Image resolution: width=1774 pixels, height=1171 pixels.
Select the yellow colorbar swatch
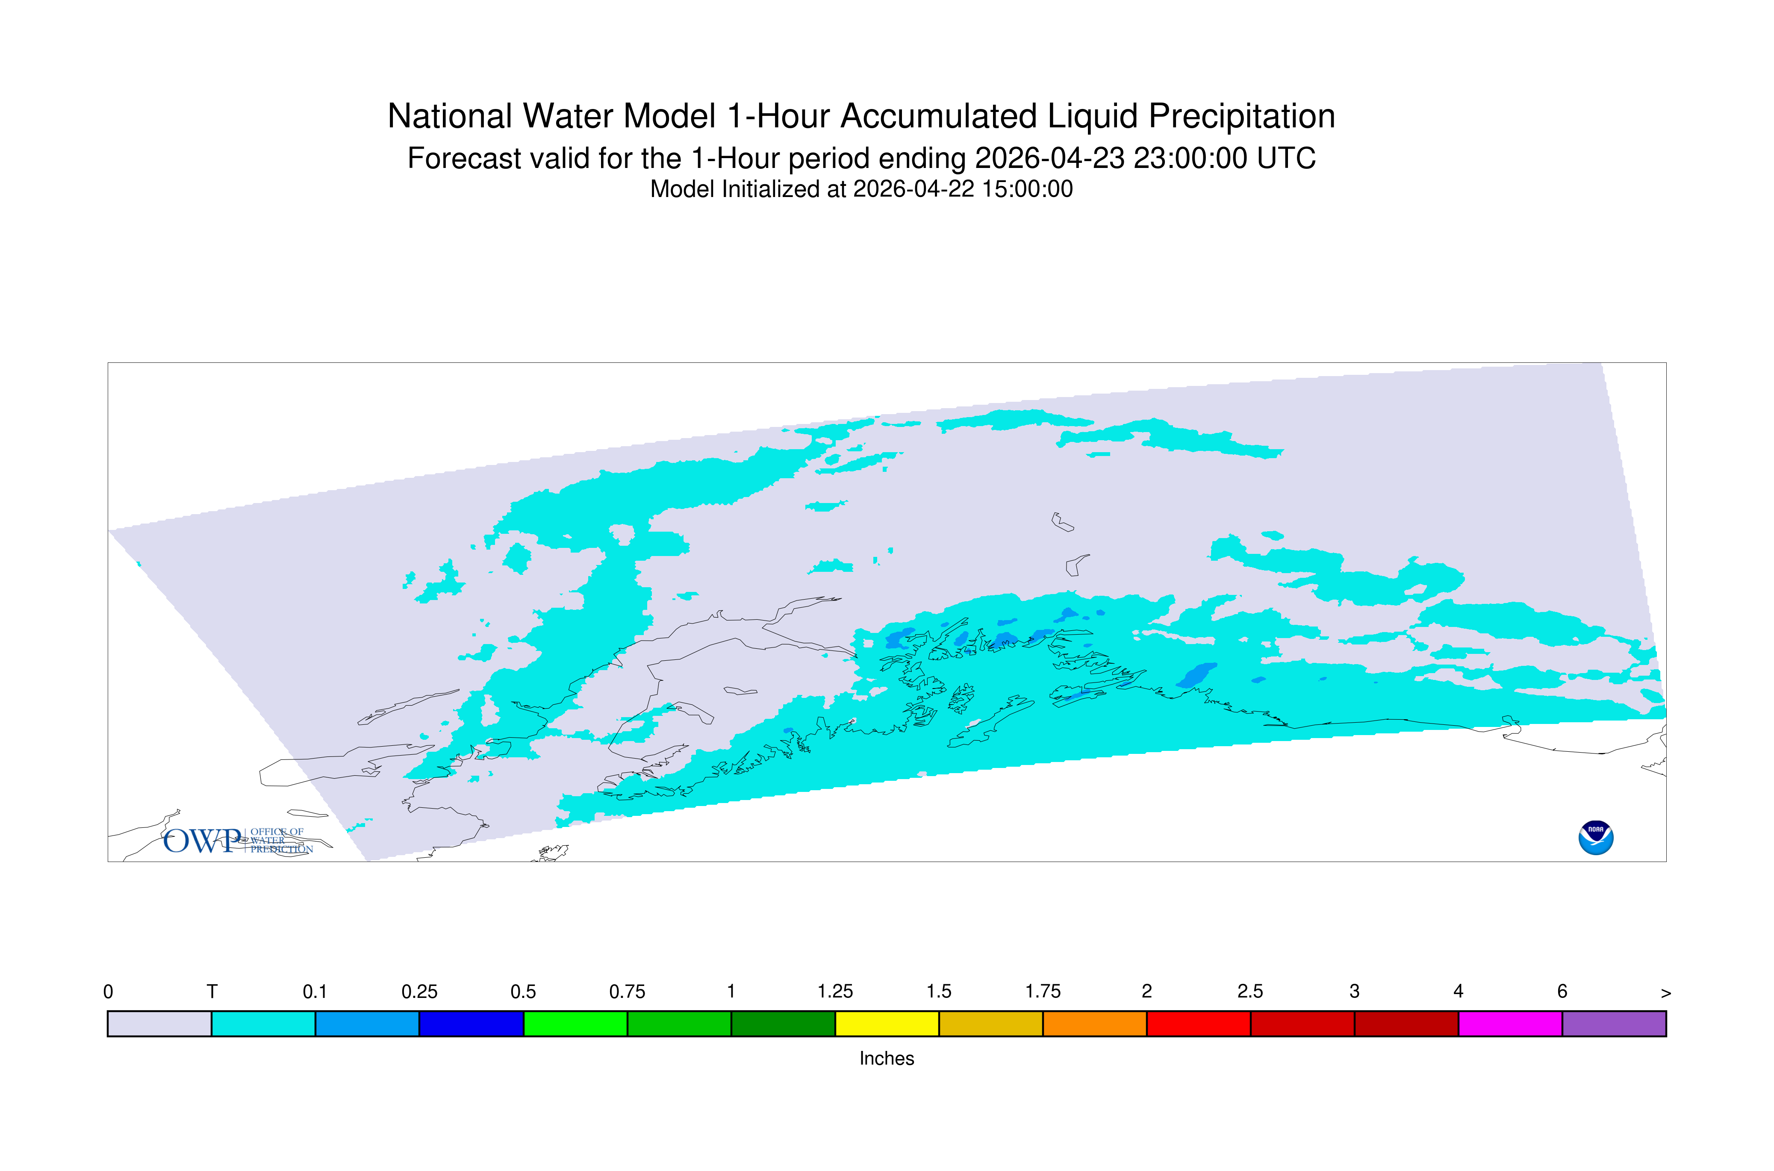(887, 1024)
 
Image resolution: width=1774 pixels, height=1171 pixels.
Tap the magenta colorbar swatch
(1509, 1024)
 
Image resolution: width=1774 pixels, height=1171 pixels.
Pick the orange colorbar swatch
(1094, 1024)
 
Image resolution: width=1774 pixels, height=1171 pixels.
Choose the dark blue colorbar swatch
(471, 1024)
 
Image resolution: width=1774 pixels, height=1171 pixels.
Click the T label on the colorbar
(212, 992)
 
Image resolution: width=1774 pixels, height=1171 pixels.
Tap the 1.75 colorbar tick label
(1043, 992)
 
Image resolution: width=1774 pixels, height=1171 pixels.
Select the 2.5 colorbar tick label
(1250, 992)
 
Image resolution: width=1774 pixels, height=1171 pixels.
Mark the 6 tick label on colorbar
(1562, 992)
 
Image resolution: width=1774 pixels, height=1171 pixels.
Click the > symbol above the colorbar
(1666, 993)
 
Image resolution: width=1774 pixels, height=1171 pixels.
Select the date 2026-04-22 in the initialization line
(914, 189)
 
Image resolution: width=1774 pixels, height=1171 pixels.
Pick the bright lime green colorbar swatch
(575, 1024)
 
